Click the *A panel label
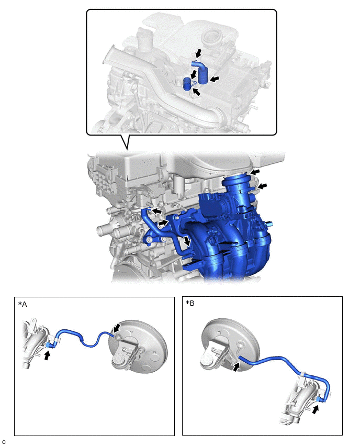tap(22, 304)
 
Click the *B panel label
tap(190, 303)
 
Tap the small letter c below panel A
tap(4, 442)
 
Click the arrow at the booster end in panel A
tap(117, 328)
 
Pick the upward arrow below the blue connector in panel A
tap(47, 355)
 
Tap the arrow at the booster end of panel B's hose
tap(237, 366)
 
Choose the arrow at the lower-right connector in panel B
tap(316, 409)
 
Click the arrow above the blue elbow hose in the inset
tap(198, 53)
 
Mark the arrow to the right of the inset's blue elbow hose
tap(215, 79)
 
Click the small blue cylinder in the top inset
tap(187, 84)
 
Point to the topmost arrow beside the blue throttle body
tap(255, 172)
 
